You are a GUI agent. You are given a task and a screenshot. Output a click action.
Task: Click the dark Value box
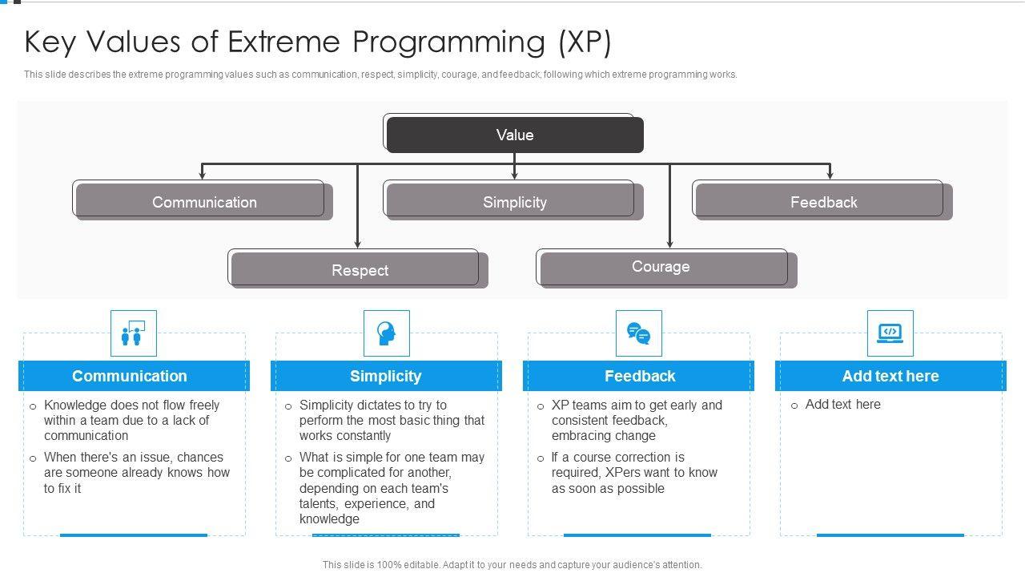tap(515, 135)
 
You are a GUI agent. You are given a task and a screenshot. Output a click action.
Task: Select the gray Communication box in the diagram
tap(204, 202)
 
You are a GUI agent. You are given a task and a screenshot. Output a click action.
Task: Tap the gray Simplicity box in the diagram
tap(515, 202)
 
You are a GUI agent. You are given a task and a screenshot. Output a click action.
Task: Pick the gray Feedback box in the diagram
tap(824, 202)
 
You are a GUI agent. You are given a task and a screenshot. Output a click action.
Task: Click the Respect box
tap(360, 270)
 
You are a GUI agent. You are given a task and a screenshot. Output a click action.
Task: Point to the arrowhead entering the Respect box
tap(357, 244)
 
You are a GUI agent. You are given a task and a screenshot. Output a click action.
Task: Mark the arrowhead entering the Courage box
tap(670, 244)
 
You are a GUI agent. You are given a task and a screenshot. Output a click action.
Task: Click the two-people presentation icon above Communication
tap(133, 333)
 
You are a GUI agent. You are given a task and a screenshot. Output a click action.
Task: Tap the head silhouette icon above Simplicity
tap(386, 333)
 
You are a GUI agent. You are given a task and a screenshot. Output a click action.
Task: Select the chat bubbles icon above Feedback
tap(639, 333)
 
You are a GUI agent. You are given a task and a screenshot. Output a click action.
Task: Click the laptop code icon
tap(890, 333)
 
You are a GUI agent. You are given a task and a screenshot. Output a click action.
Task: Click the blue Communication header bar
tap(134, 376)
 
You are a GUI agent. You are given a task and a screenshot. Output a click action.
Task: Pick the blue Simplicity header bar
tap(386, 376)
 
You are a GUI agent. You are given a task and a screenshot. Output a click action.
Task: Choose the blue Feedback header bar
tap(638, 376)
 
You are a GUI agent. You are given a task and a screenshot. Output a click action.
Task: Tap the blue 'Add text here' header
tap(890, 376)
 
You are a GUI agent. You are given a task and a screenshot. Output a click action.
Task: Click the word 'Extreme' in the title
tap(283, 42)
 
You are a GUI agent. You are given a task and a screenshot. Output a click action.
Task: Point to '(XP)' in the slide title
tap(585, 42)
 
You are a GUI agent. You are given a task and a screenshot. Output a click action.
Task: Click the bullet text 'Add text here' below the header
tap(843, 405)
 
